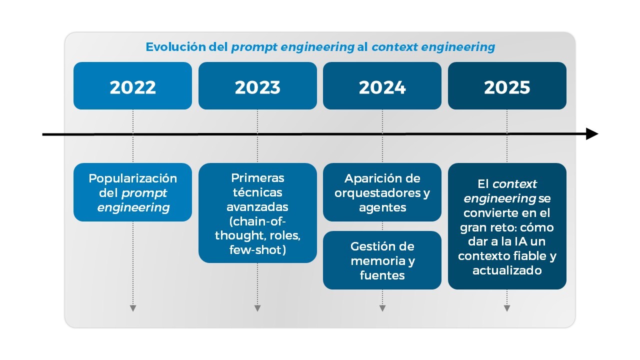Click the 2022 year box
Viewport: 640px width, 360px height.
coord(132,86)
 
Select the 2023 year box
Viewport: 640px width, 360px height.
coord(257,86)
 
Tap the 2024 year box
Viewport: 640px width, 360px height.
coord(382,86)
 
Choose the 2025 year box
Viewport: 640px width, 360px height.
coord(507,86)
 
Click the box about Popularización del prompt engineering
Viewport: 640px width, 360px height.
coord(132,192)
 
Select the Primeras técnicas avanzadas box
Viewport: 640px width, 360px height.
coord(257,213)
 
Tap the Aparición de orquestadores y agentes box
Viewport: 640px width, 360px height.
coord(382,192)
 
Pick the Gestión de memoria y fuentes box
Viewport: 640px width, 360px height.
coord(382,260)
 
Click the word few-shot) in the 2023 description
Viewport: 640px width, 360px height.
coord(257,249)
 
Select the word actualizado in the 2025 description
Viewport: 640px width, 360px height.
coord(507,270)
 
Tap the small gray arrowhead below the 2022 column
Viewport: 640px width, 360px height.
coord(132,308)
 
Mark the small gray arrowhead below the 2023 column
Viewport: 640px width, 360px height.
coord(257,308)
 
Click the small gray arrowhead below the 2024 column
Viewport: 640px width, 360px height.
coord(382,308)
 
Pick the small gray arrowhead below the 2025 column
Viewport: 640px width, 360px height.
coord(507,308)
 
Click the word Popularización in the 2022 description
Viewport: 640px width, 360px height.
coord(133,178)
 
